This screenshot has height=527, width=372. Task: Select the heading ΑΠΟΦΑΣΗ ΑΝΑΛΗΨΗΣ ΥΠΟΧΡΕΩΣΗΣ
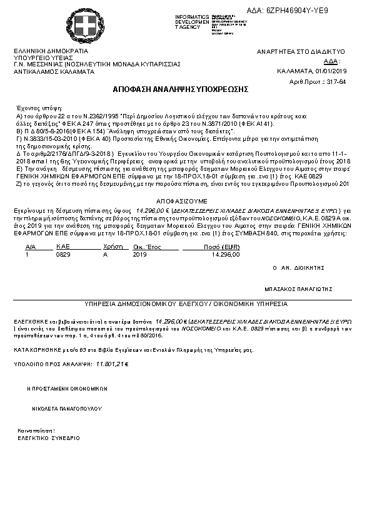(x=180, y=89)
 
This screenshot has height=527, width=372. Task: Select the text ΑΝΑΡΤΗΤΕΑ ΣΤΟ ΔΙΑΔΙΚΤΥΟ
(x=301, y=51)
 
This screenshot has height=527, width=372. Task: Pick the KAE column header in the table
(x=62, y=248)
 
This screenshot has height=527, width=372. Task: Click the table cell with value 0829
(x=63, y=255)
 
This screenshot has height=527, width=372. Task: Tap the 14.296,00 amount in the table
(x=226, y=255)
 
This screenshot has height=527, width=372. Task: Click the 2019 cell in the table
(x=140, y=255)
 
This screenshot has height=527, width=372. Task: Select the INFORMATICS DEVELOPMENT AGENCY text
(x=192, y=21)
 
